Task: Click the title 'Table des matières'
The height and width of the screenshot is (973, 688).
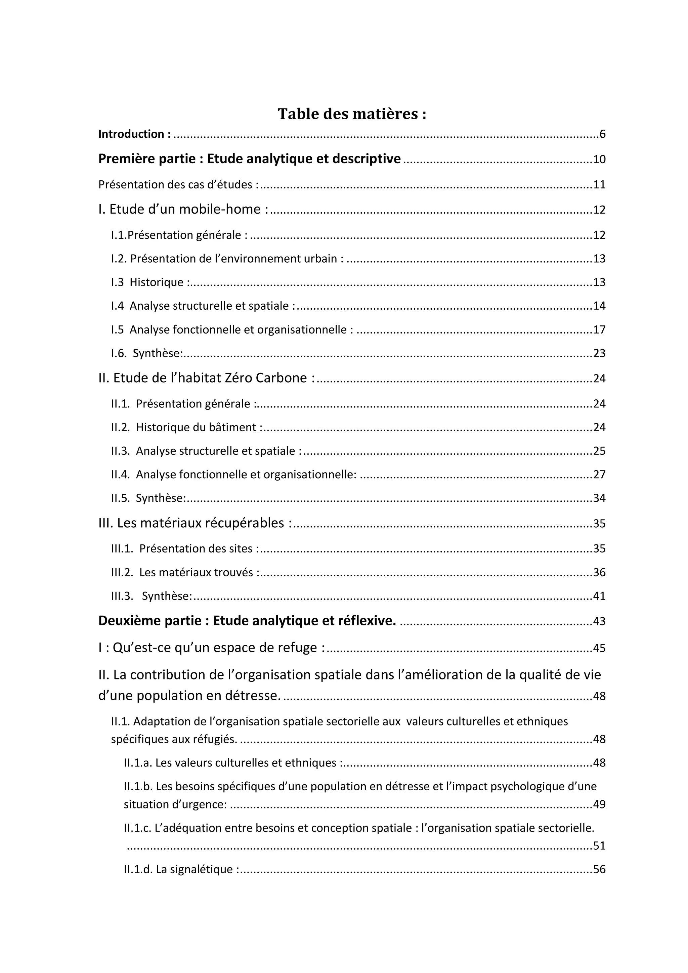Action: (x=351, y=114)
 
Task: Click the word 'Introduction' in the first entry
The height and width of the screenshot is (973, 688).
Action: (x=131, y=134)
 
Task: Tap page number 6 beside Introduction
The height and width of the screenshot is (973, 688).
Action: (x=602, y=135)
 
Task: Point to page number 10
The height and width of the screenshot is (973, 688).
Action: (x=599, y=160)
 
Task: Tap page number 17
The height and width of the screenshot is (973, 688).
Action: (x=599, y=330)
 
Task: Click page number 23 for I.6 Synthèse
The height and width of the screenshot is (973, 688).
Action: (x=599, y=353)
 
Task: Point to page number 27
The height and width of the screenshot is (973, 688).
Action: (x=599, y=475)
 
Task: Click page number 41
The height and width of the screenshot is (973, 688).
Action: (x=599, y=596)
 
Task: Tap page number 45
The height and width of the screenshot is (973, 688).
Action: (x=599, y=648)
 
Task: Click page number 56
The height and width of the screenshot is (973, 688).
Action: (x=599, y=870)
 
